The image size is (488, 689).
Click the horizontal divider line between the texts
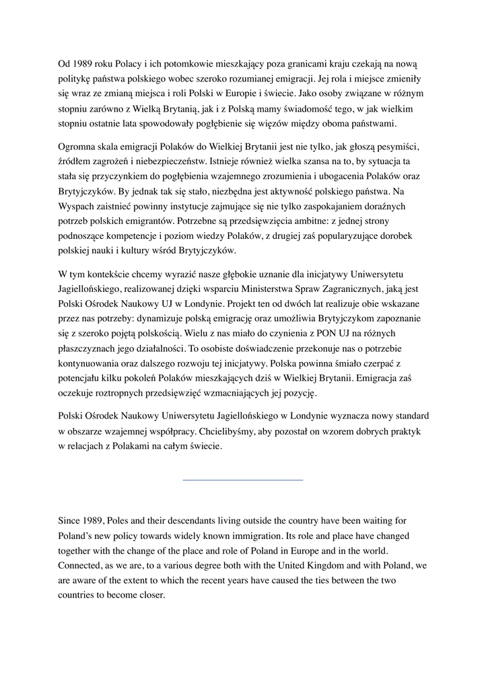[x=243, y=480]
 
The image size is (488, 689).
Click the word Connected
[x=80, y=566]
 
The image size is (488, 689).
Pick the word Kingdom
[x=324, y=566]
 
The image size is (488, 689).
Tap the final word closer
[x=150, y=595]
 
